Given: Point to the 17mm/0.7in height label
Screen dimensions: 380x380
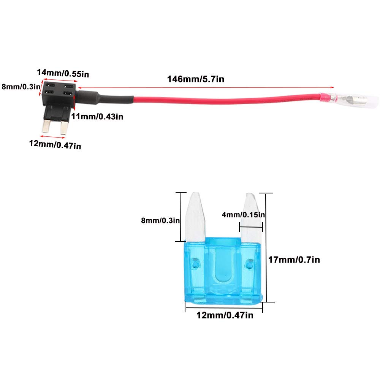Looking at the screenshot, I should tap(294, 260).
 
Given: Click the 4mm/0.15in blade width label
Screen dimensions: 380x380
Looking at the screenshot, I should tap(243, 215).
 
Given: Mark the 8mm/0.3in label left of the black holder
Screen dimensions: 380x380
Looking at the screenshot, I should tap(21, 87).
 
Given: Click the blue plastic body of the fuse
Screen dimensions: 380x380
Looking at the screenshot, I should tap(223, 274).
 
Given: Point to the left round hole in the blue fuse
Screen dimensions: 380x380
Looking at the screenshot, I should tap(196, 263).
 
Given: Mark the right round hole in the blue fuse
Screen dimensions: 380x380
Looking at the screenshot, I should tap(250, 263).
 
